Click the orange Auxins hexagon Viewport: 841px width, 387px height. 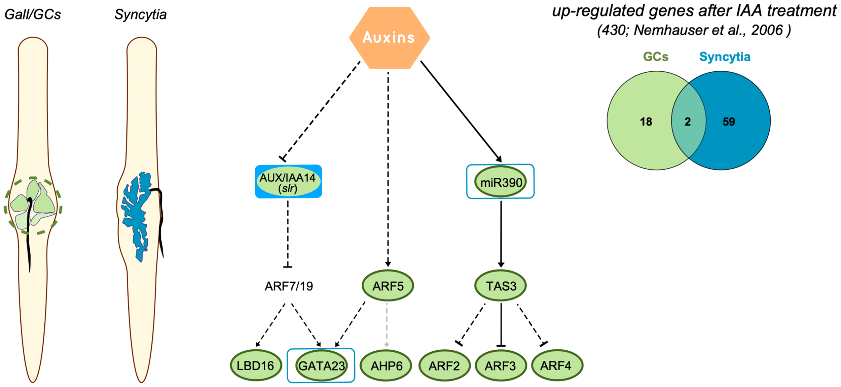[389, 38]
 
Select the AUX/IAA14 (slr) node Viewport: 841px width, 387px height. [288, 182]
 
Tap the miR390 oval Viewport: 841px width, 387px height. [501, 182]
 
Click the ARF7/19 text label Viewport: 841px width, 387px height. [289, 286]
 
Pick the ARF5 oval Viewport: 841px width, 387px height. [388, 286]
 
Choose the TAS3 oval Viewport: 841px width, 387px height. [501, 286]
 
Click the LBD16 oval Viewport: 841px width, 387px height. [256, 365]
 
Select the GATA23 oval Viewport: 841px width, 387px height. [321, 365]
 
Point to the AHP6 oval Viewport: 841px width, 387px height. [386, 365]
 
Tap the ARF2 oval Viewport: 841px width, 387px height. [444, 365]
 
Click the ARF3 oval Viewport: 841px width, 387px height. [500, 365]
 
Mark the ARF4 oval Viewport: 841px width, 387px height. [556, 365]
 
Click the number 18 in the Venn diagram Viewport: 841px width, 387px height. [646, 122]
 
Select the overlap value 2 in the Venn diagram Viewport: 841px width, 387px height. [688, 122]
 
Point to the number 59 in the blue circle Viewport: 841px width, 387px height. [729, 122]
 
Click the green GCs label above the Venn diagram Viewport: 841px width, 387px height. [656, 57]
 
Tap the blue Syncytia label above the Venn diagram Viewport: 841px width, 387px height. [725, 57]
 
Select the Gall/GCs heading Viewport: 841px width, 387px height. [33, 14]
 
